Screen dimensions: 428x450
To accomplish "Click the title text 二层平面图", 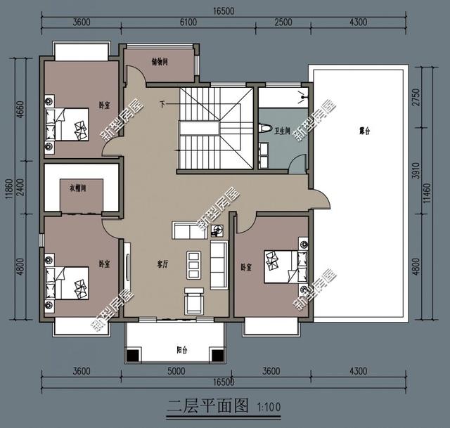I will coord(208,406).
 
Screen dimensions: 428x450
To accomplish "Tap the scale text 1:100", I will coord(269,407).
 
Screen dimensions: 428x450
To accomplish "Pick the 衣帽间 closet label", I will coord(77,188).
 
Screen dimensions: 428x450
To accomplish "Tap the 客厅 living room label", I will coord(163,264).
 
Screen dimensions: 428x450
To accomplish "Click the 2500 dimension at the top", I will coord(283,22).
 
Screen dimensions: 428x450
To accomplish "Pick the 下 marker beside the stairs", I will coord(163,105).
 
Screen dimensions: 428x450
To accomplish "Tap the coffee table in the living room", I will coord(193,263).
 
